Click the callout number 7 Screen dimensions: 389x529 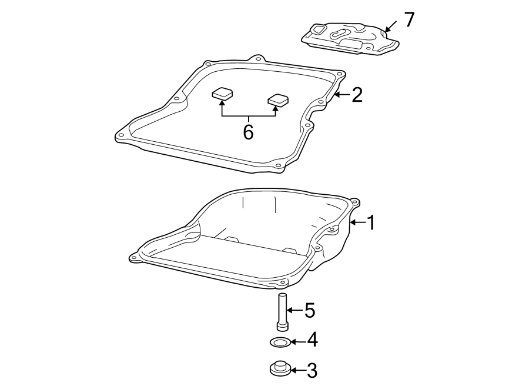click(x=409, y=20)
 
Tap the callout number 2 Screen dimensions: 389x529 click(x=357, y=95)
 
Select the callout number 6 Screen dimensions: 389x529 click(x=248, y=132)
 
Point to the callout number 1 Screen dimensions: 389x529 click(x=370, y=222)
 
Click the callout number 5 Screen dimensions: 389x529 click(x=310, y=310)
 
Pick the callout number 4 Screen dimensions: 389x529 click(x=312, y=340)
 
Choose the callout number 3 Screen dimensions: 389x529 click(x=312, y=370)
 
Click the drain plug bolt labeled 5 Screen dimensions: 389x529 click(x=282, y=312)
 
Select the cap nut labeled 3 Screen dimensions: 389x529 click(x=279, y=369)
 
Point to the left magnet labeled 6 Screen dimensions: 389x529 click(x=222, y=94)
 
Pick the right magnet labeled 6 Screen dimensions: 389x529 click(x=277, y=100)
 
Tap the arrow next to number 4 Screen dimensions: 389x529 click(x=297, y=341)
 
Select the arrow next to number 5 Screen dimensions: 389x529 click(x=294, y=310)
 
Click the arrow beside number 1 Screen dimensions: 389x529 click(x=357, y=222)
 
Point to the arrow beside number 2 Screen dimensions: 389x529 click(x=341, y=94)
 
